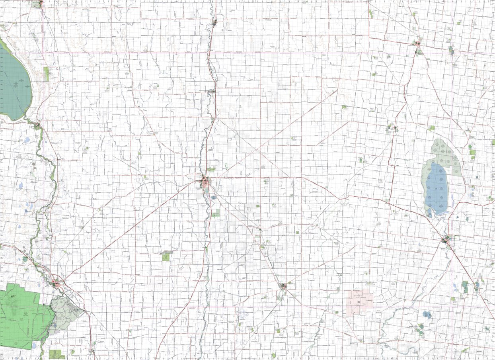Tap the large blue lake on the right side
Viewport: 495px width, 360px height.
[x=437, y=187]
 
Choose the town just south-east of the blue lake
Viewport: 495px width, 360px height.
[x=446, y=240]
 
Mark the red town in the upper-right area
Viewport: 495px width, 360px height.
[x=418, y=43]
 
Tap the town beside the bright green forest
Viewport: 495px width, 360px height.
[x=57, y=284]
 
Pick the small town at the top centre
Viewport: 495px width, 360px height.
[x=214, y=22]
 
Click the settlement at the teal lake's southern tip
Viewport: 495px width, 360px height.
[x=37, y=126]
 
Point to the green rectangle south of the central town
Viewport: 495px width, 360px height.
[x=215, y=213]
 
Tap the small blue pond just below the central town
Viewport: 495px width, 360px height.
[x=214, y=198]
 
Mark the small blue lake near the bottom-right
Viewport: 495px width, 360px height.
[x=427, y=315]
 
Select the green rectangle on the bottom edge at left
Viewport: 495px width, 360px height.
[x=57, y=354]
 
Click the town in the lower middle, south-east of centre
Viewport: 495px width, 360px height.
[x=283, y=286]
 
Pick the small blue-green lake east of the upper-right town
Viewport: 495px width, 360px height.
[x=451, y=51]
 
